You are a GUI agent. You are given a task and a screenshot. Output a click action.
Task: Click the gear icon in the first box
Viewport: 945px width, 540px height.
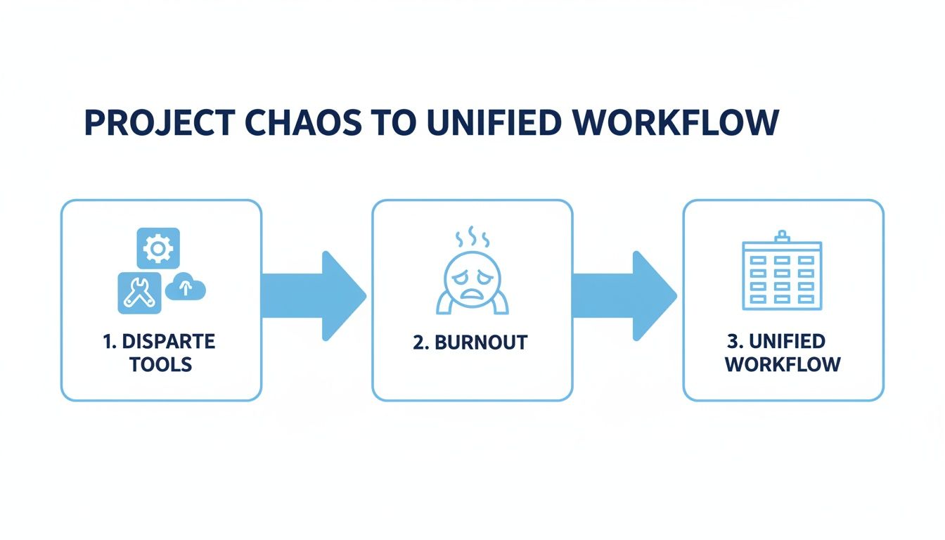tap(157, 247)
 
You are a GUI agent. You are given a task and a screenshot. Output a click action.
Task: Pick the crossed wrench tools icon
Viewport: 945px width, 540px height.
tap(139, 292)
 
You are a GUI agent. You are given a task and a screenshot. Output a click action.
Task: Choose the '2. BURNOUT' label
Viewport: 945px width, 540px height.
tap(471, 343)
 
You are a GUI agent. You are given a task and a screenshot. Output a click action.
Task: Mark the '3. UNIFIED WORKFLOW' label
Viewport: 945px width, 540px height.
tap(783, 354)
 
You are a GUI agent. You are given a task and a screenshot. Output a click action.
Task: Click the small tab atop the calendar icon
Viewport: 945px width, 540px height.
tap(782, 236)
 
